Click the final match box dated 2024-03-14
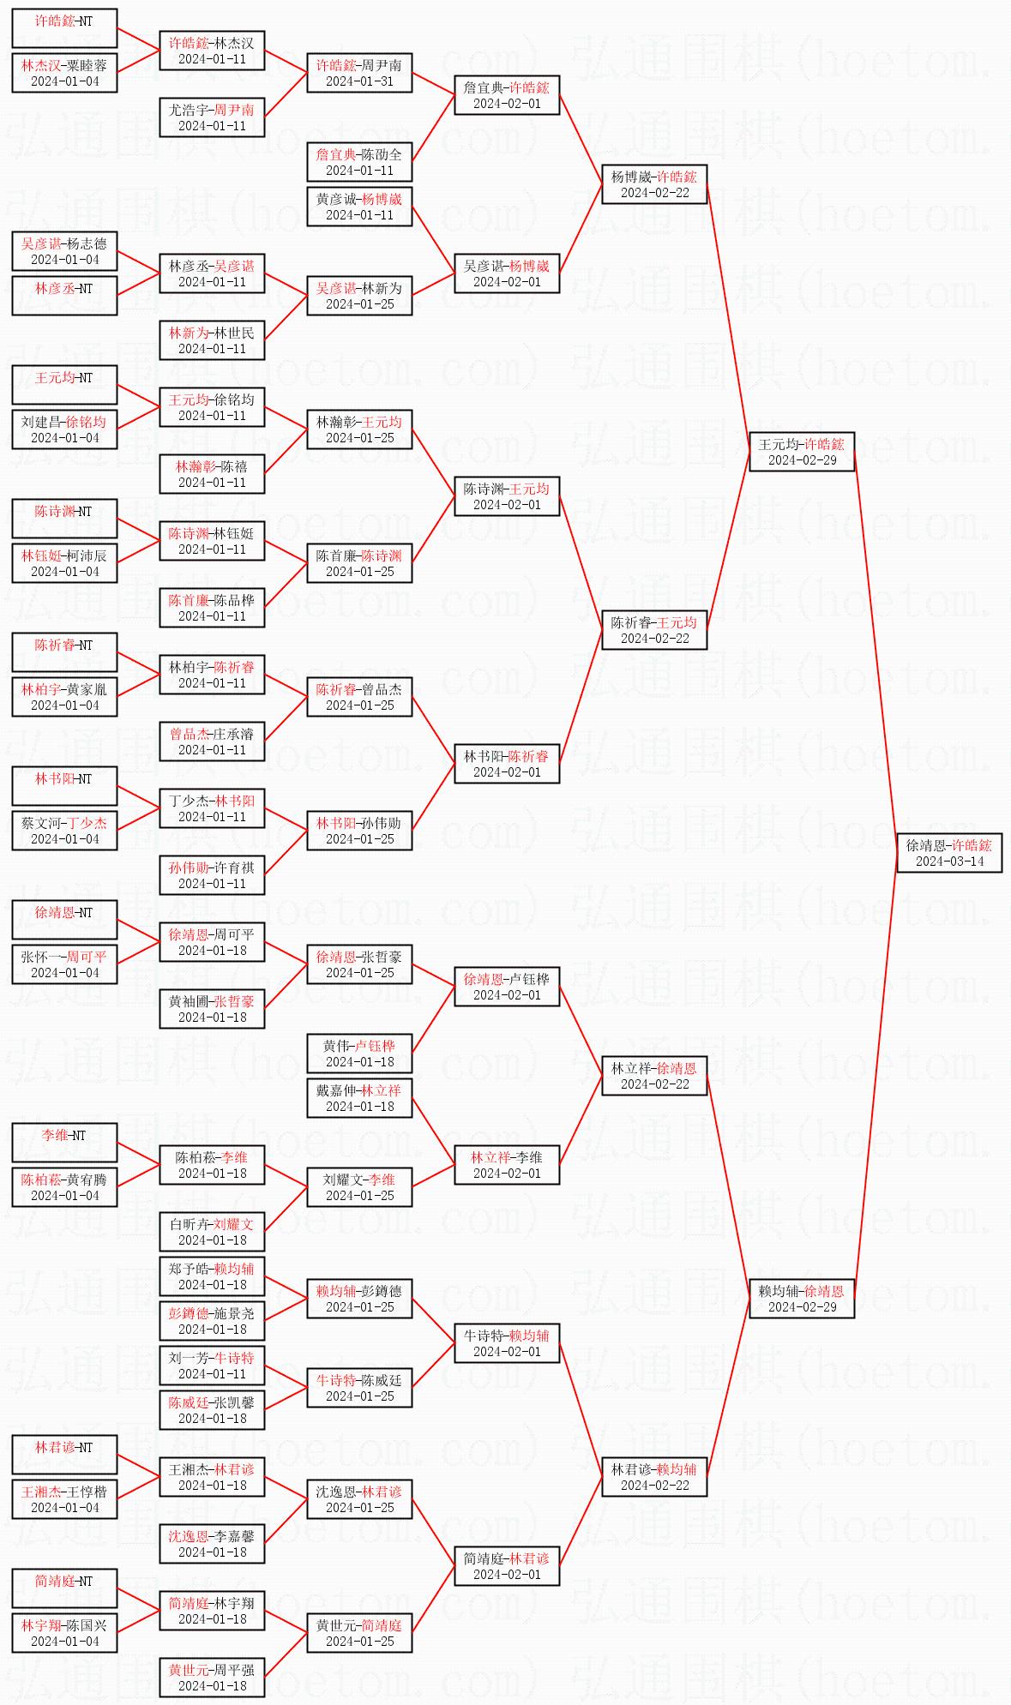[x=949, y=853]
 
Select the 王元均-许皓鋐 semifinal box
[x=802, y=452]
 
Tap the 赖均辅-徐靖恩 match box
[x=802, y=1299]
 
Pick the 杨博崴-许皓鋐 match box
[x=654, y=184]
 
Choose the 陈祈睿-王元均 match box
[x=654, y=630]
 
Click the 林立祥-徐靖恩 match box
[x=654, y=1076]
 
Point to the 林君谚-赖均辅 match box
[x=654, y=1477]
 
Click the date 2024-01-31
[x=359, y=81]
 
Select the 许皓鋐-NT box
[x=64, y=28]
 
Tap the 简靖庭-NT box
[x=64, y=1588]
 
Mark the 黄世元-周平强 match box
[x=212, y=1678]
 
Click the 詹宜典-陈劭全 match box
[x=359, y=162]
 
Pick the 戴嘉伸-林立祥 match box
[x=359, y=1098]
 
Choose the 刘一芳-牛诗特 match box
[x=212, y=1366]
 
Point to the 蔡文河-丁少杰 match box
[x=64, y=831]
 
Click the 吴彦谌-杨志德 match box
[x=64, y=251]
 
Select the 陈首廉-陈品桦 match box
[x=212, y=608]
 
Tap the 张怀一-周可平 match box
[x=64, y=964]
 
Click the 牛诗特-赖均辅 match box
[x=507, y=1343]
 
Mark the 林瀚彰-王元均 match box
[x=359, y=429]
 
